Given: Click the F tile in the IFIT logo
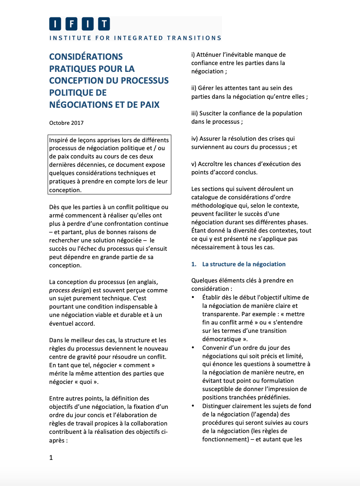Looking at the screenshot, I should click(71, 24).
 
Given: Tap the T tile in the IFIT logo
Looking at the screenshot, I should click(104, 24).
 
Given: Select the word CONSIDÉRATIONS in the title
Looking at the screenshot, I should click(86, 57).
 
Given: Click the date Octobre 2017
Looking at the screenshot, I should click(66, 123).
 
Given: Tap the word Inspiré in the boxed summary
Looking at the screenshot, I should click(59, 140).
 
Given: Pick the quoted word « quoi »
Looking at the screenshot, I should click(88, 382).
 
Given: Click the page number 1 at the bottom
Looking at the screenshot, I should click(51, 458).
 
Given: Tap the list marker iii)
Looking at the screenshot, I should click(195, 113).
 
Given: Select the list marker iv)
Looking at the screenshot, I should click(195, 139).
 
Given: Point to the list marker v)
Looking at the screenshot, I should click(194, 164).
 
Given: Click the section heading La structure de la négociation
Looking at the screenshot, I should click(244, 264).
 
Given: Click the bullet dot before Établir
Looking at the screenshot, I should click(193, 298).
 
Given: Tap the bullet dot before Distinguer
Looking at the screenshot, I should click(193, 406).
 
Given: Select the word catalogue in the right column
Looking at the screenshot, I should click(206, 197).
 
